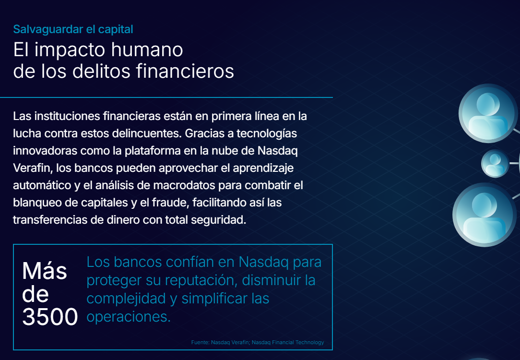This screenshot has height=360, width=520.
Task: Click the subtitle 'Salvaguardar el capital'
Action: click(73, 29)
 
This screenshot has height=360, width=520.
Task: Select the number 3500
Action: click(50, 317)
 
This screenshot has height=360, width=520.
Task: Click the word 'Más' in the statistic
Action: click(44, 271)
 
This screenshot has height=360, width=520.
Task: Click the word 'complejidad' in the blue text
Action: click(126, 298)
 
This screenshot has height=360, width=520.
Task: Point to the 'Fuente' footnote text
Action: click(257, 343)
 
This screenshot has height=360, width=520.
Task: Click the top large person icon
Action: click(488, 113)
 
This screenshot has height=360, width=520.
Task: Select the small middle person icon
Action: click(495, 163)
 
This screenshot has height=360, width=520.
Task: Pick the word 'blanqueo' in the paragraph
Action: click(37, 203)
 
